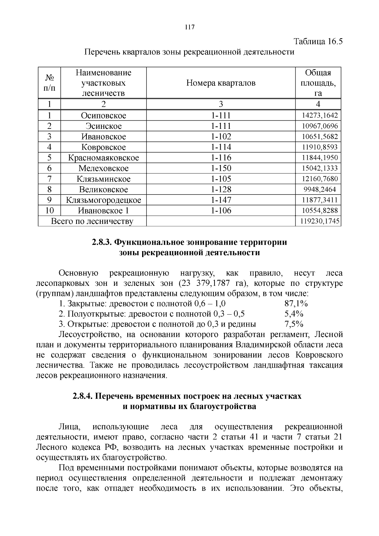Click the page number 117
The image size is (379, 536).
pos(189,27)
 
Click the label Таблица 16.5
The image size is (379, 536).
pos(318,42)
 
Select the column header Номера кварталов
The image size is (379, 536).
pos(221,83)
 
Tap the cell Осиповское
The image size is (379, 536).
pos(103,116)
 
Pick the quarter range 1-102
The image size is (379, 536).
pos(221,137)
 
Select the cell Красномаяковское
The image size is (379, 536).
pos(103,158)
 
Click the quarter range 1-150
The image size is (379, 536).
pos(221,168)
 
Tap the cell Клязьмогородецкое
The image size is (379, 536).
pos(103,200)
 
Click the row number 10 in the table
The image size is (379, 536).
pos(49,211)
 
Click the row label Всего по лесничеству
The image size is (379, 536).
pos(92,221)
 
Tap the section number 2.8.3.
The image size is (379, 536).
pos(102,242)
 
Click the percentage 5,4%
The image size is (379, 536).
pos(294,314)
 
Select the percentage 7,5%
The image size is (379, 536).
pos(294,324)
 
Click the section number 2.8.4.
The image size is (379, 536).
pos(82,396)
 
